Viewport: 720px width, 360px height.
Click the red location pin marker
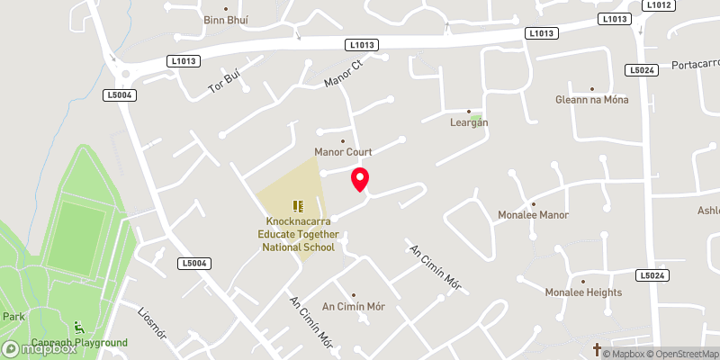pos(360,179)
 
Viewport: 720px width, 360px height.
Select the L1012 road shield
pos(658,4)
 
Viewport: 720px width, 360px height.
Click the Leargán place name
pos(469,122)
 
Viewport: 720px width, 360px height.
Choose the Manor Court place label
pos(343,152)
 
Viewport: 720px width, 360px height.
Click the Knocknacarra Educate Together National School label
pos(300,233)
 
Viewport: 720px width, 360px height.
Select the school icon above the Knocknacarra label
pos(298,206)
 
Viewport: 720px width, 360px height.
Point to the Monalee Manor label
pos(534,215)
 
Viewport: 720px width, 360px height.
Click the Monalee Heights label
pos(583,292)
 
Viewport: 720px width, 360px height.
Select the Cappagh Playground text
pos(79,343)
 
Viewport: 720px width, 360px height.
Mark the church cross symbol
pos(596,346)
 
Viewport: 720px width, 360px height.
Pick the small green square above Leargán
pos(475,117)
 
